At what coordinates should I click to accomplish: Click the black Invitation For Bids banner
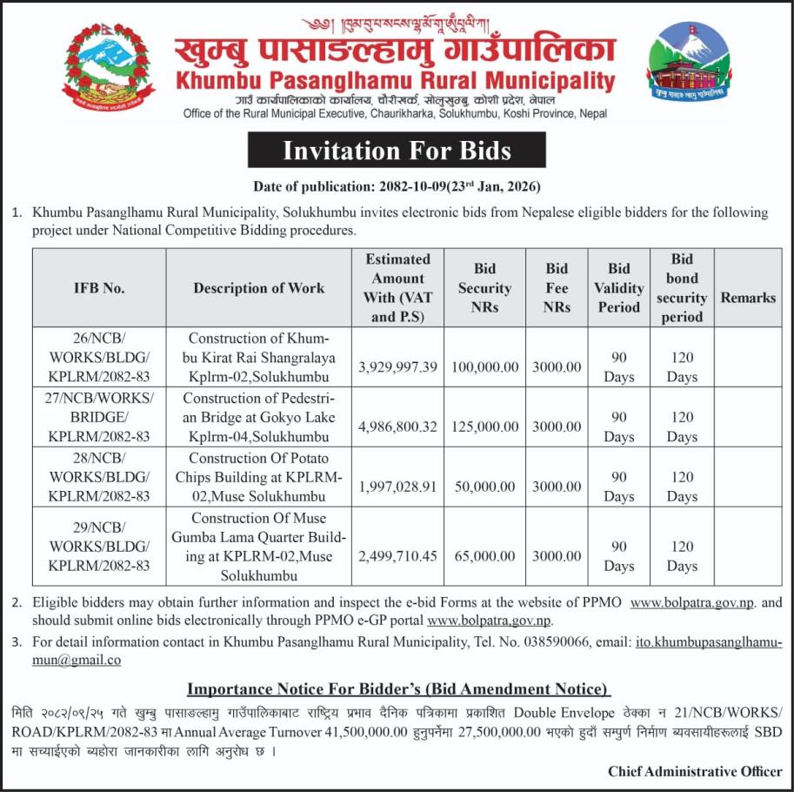pos(397,151)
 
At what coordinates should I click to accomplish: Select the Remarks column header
pos(748,298)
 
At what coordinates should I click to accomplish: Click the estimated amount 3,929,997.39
pos(397,367)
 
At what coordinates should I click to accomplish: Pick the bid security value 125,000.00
pos(484,427)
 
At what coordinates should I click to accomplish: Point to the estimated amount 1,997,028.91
pos(397,487)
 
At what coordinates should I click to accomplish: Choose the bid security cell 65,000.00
pos(484,555)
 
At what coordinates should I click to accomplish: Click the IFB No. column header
pos(99,288)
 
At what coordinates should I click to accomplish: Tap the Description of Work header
pos(259,288)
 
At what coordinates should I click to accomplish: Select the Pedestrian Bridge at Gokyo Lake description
pos(259,417)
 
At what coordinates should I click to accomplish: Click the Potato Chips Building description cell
pos(259,477)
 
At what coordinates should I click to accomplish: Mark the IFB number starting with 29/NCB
pos(99,546)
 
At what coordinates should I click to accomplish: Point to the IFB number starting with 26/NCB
pos(99,357)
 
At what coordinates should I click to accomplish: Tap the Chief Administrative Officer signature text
pos(695,771)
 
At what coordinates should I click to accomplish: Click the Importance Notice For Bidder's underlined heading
pos(397,689)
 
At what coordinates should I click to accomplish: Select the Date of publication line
pos(397,186)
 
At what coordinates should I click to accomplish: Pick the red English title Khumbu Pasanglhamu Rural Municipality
pos(396,81)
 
